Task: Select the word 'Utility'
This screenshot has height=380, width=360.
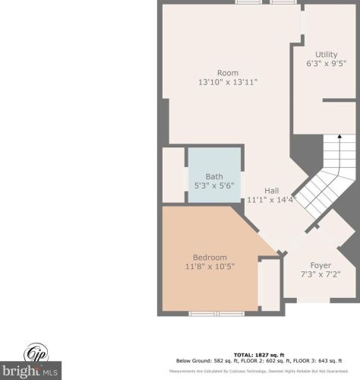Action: point(327,54)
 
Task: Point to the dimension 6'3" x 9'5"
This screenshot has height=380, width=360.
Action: point(327,64)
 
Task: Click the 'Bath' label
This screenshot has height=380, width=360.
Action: point(214,176)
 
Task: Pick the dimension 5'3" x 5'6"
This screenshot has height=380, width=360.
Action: point(214,186)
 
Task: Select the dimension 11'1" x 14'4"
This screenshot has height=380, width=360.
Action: point(270,200)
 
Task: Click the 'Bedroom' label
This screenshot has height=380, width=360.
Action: point(209,256)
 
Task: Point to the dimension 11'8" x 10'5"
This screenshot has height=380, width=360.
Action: point(209,266)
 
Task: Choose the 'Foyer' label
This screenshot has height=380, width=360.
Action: point(320,265)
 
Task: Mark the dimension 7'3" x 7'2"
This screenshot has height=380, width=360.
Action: point(320,275)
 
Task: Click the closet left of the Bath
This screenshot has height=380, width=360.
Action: point(174,176)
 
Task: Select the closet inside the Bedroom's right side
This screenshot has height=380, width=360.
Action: point(269,284)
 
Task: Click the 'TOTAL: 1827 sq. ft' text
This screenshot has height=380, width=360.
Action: point(258,355)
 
